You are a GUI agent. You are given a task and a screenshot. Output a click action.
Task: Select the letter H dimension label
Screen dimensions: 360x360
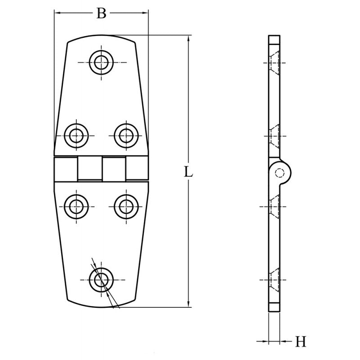click(x=301, y=342)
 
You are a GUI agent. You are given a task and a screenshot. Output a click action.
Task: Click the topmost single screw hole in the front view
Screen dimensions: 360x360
click(x=101, y=62)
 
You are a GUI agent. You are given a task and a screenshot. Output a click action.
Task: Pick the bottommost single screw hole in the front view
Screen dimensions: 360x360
click(x=101, y=279)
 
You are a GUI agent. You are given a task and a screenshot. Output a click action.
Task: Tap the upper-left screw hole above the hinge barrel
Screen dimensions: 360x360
click(x=76, y=135)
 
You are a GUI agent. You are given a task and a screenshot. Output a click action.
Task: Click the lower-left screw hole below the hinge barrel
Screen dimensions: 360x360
click(x=76, y=207)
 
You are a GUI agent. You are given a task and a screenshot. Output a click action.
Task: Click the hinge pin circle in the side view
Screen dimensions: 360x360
click(x=280, y=173)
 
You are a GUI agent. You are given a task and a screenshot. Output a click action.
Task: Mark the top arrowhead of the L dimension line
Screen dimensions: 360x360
click(x=188, y=38)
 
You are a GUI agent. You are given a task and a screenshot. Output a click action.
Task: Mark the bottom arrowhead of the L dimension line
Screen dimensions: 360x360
click(x=188, y=304)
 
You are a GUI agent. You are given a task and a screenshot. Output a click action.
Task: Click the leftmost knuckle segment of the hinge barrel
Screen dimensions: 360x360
click(x=66, y=169)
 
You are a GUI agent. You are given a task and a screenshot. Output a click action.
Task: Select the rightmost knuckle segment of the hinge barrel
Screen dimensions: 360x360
click(x=137, y=169)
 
